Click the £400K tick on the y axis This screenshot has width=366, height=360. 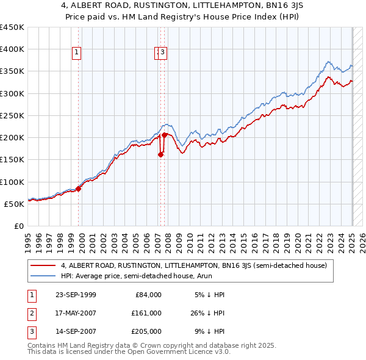click(12, 49)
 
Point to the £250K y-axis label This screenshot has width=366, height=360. click(12, 115)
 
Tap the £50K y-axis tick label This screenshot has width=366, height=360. click(15, 204)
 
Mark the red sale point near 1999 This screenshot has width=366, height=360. click(79, 189)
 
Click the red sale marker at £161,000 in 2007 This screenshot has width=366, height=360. click(160, 155)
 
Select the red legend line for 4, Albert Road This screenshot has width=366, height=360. click(44, 265)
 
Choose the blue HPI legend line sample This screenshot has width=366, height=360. click(44, 276)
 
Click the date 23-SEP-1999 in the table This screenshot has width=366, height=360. click(75, 295)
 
